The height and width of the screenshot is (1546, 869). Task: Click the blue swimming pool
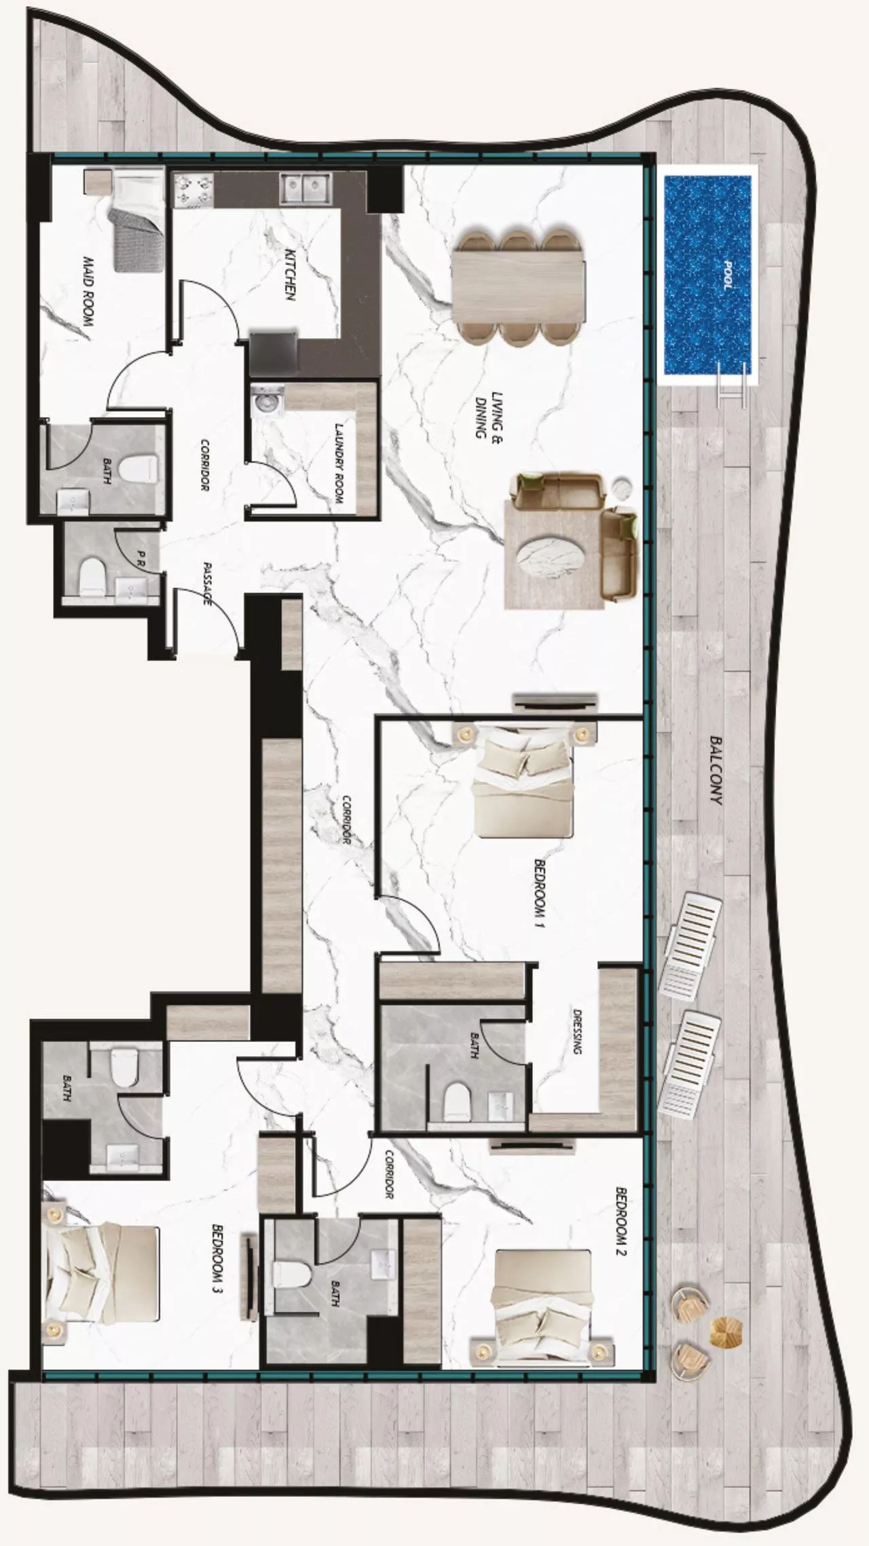tap(707, 275)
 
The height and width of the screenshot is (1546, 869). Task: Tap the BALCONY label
tap(716, 771)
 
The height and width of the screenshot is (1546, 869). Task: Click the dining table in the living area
tap(517, 287)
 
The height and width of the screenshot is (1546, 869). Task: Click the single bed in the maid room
tap(138, 220)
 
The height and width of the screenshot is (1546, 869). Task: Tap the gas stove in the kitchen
tap(193, 189)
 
